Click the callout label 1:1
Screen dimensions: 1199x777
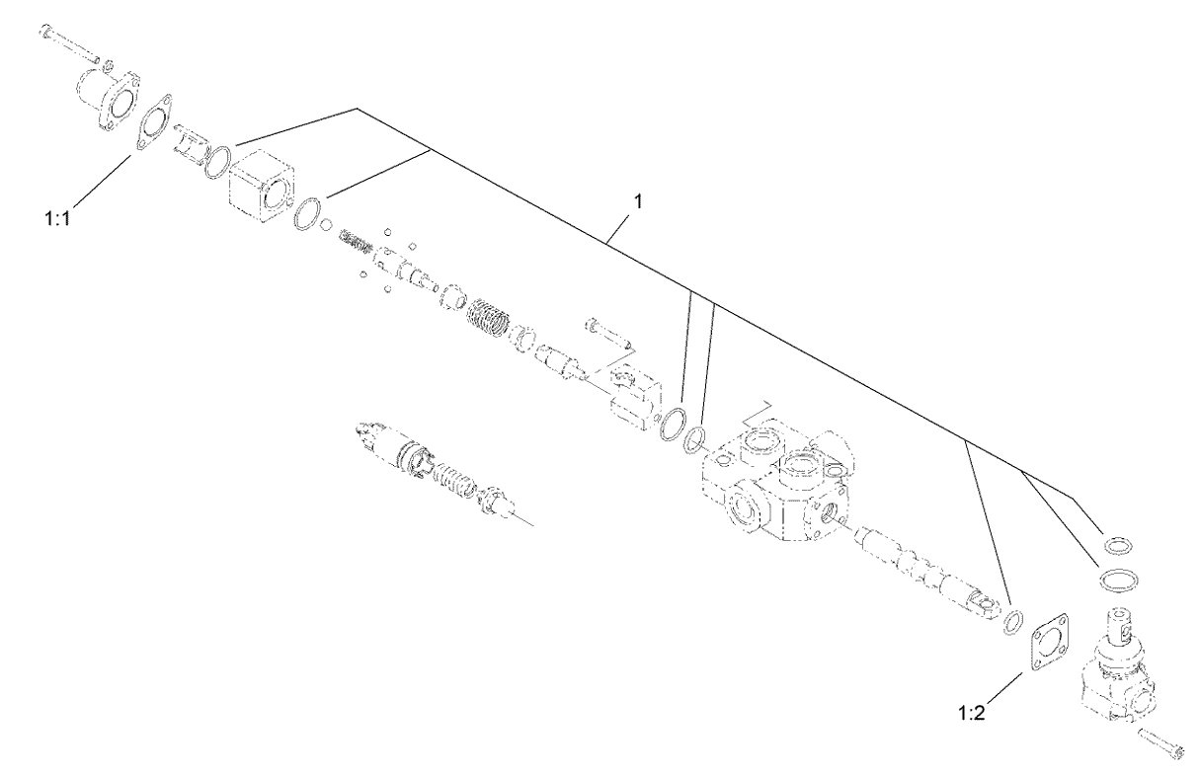[x=58, y=218]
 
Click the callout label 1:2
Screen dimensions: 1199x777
[x=972, y=713]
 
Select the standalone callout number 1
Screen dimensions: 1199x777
[x=637, y=201]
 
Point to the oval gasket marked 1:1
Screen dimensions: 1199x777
[x=153, y=122]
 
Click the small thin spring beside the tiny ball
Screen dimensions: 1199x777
[x=356, y=242]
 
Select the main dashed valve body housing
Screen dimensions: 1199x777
[x=775, y=481]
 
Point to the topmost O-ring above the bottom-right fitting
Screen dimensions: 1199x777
[x=1118, y=546]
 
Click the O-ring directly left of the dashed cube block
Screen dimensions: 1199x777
[x=218, y=161]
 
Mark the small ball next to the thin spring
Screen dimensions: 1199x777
[x=326, y=224]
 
